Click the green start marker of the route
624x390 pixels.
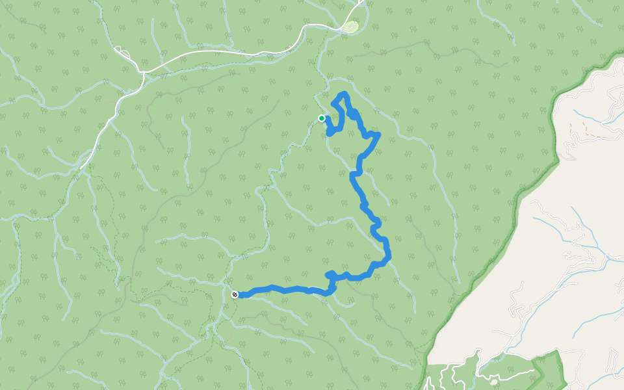click(x=322, y=118)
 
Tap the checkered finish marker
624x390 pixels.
click(x=235, y=294)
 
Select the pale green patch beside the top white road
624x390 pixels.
click(x=351, y=27)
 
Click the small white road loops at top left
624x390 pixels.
click(x=122, y=52)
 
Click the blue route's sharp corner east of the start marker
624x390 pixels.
click(x=378, y=135)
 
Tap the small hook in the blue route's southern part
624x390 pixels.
click(x=331, y=276)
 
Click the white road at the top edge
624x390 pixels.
click(x=359, y=4)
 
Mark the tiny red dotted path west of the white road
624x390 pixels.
click(x=104, y=101)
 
